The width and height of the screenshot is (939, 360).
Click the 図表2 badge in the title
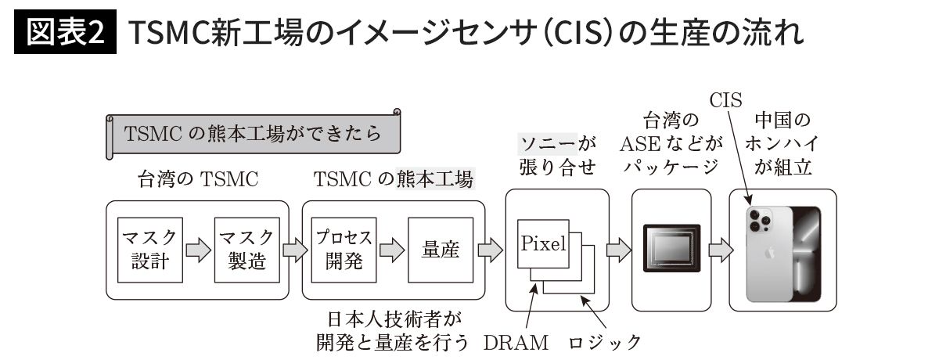66,33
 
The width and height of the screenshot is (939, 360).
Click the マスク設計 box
149,250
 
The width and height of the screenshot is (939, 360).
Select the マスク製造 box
247,250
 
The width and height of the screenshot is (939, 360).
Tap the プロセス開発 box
344,250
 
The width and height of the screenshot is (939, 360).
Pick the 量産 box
441,250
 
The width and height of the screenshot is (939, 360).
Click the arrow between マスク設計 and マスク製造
198,250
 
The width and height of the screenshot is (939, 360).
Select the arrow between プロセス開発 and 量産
391,250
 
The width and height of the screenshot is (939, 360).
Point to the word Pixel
543,243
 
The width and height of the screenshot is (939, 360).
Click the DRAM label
516,342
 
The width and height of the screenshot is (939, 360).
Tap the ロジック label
605,342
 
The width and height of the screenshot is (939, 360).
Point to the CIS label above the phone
725,99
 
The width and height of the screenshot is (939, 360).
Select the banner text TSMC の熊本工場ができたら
253,133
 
